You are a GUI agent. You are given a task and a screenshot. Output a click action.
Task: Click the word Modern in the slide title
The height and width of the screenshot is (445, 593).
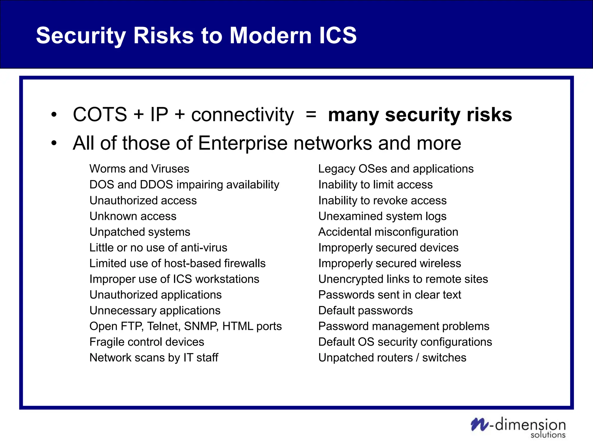[x=270, y=35]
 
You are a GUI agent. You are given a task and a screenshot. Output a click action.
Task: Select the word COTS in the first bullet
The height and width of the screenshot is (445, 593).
[x=100, y=114]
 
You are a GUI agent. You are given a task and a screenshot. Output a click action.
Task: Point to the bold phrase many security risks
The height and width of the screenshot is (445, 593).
[x=420, y=115]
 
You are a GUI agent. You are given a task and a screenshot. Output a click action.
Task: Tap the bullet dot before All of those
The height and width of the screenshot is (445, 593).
[x=54, y=143]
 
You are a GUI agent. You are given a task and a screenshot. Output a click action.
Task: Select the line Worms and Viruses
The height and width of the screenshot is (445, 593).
[x=139, y=169]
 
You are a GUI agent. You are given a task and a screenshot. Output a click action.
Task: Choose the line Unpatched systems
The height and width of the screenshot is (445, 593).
[x=140, y=232]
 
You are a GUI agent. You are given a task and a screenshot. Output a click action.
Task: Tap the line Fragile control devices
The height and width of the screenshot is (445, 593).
[x=147, y=342]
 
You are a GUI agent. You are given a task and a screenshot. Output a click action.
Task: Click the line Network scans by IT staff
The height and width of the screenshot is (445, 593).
[x=154, y=358]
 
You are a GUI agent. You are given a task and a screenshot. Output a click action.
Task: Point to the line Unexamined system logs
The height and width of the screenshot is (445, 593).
[x=382, y=216]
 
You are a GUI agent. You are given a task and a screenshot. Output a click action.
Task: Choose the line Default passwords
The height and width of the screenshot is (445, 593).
[x=365, y=311]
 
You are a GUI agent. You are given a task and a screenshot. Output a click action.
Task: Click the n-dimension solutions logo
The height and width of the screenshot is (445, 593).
[x=518, y=428]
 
